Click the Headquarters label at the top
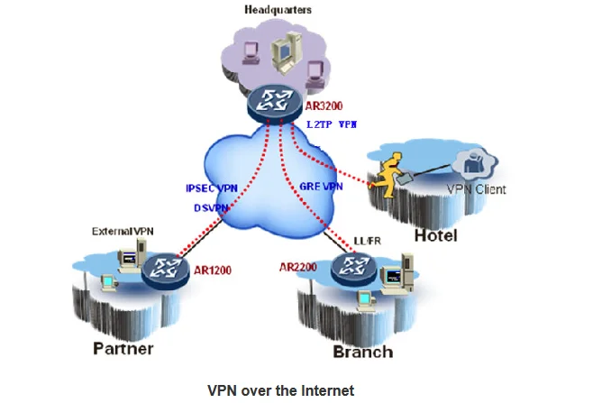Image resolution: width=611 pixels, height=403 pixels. coord(278,10)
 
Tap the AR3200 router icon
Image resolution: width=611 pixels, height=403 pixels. coord(275,104)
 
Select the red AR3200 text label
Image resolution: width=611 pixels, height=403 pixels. coord(324,106)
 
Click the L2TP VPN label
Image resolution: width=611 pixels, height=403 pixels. coord(332,124)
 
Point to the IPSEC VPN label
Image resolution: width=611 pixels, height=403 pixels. coord(212,188)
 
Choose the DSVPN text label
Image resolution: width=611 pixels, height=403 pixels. coord(211,208)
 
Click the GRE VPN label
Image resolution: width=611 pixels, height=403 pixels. coord(321,187)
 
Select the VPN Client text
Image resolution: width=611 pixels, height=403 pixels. coord(476,189)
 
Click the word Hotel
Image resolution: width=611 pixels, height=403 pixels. coord(435,235)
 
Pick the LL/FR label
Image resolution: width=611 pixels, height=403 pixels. coord(367,241)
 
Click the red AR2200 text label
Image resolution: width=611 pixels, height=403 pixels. coord(298,267)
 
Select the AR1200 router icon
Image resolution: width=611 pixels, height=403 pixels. coord(165,270)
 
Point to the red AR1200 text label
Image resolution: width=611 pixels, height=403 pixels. coord(213,270)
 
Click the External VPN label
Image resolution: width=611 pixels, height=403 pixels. coord(123,231)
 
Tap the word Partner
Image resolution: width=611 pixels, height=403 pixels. coord(123,348)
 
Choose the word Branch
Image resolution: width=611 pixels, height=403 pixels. coord(363,352)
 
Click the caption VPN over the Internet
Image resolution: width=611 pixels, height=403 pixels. coord(280,390)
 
